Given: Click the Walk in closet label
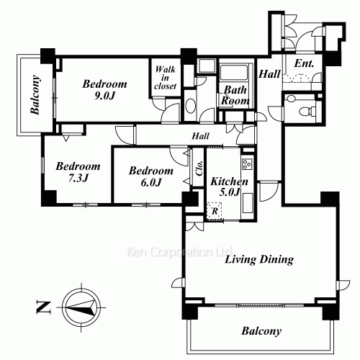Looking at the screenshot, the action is (166, 78).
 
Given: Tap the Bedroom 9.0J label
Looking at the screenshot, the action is (104, 90).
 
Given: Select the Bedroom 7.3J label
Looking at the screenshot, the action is (78, 172).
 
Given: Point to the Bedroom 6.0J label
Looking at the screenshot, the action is (151, 176).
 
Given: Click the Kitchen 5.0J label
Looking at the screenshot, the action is (229, 186).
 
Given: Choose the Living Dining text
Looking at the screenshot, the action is (259, 259).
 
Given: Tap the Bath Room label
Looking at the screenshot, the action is (235, 95).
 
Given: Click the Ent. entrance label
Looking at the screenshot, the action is (304, 63).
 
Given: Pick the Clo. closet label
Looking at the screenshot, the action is (199, 168).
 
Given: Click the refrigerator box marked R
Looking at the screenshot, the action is (215, 211).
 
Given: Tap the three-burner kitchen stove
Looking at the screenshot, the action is (248, 164).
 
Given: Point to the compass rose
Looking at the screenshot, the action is (81, 307).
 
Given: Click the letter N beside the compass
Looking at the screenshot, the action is (43, 307).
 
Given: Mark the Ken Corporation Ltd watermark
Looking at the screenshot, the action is (179, 252).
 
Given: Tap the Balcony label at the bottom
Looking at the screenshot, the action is (261, 331).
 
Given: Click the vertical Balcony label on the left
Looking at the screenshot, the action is (35, 94).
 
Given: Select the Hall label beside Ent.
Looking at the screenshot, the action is (269, 74).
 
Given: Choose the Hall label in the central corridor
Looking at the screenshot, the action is (200, 136).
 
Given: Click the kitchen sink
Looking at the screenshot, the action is (248, 203).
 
